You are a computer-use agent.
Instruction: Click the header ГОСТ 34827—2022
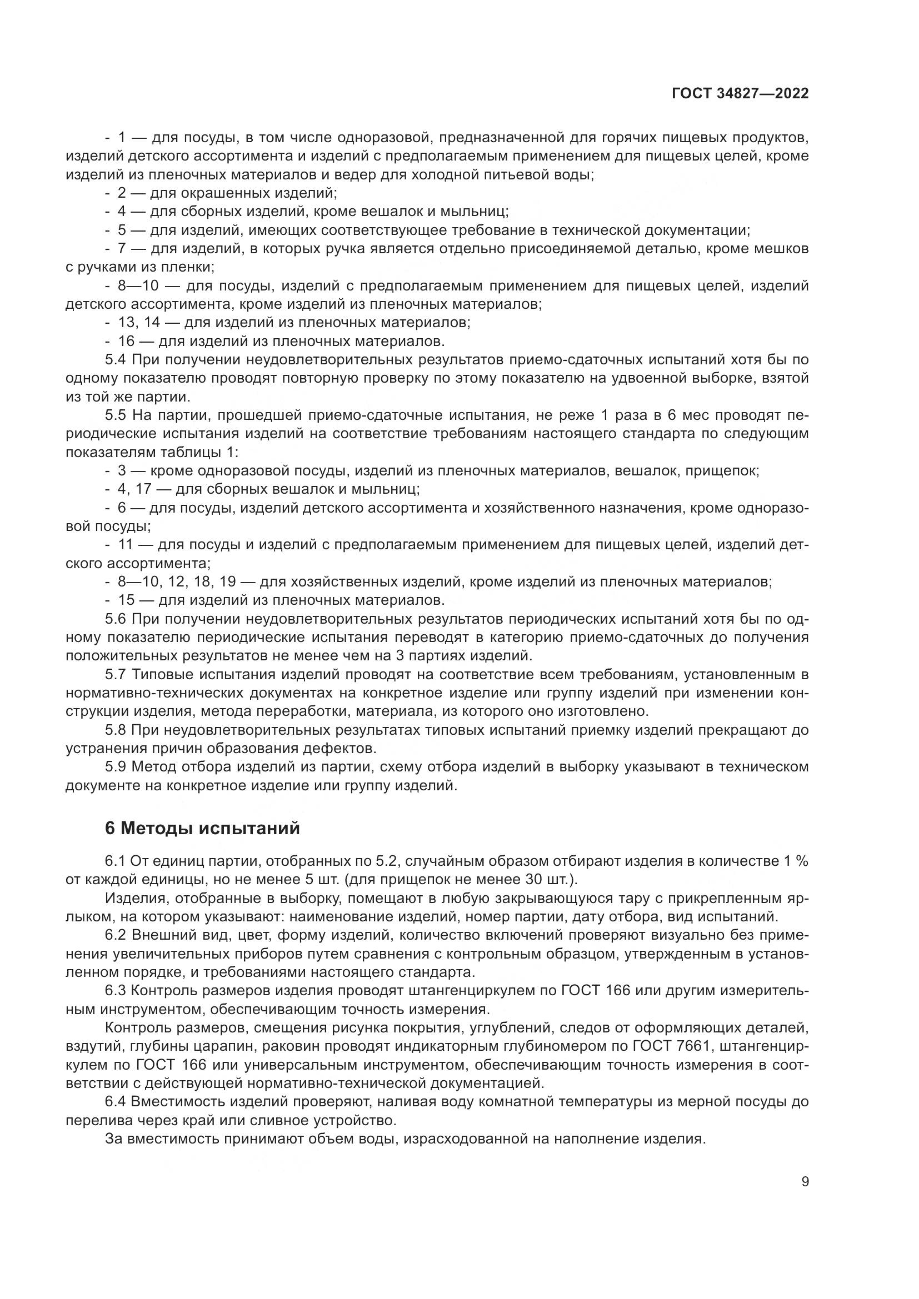(740, 94)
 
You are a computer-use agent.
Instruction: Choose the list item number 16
(126, 341)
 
